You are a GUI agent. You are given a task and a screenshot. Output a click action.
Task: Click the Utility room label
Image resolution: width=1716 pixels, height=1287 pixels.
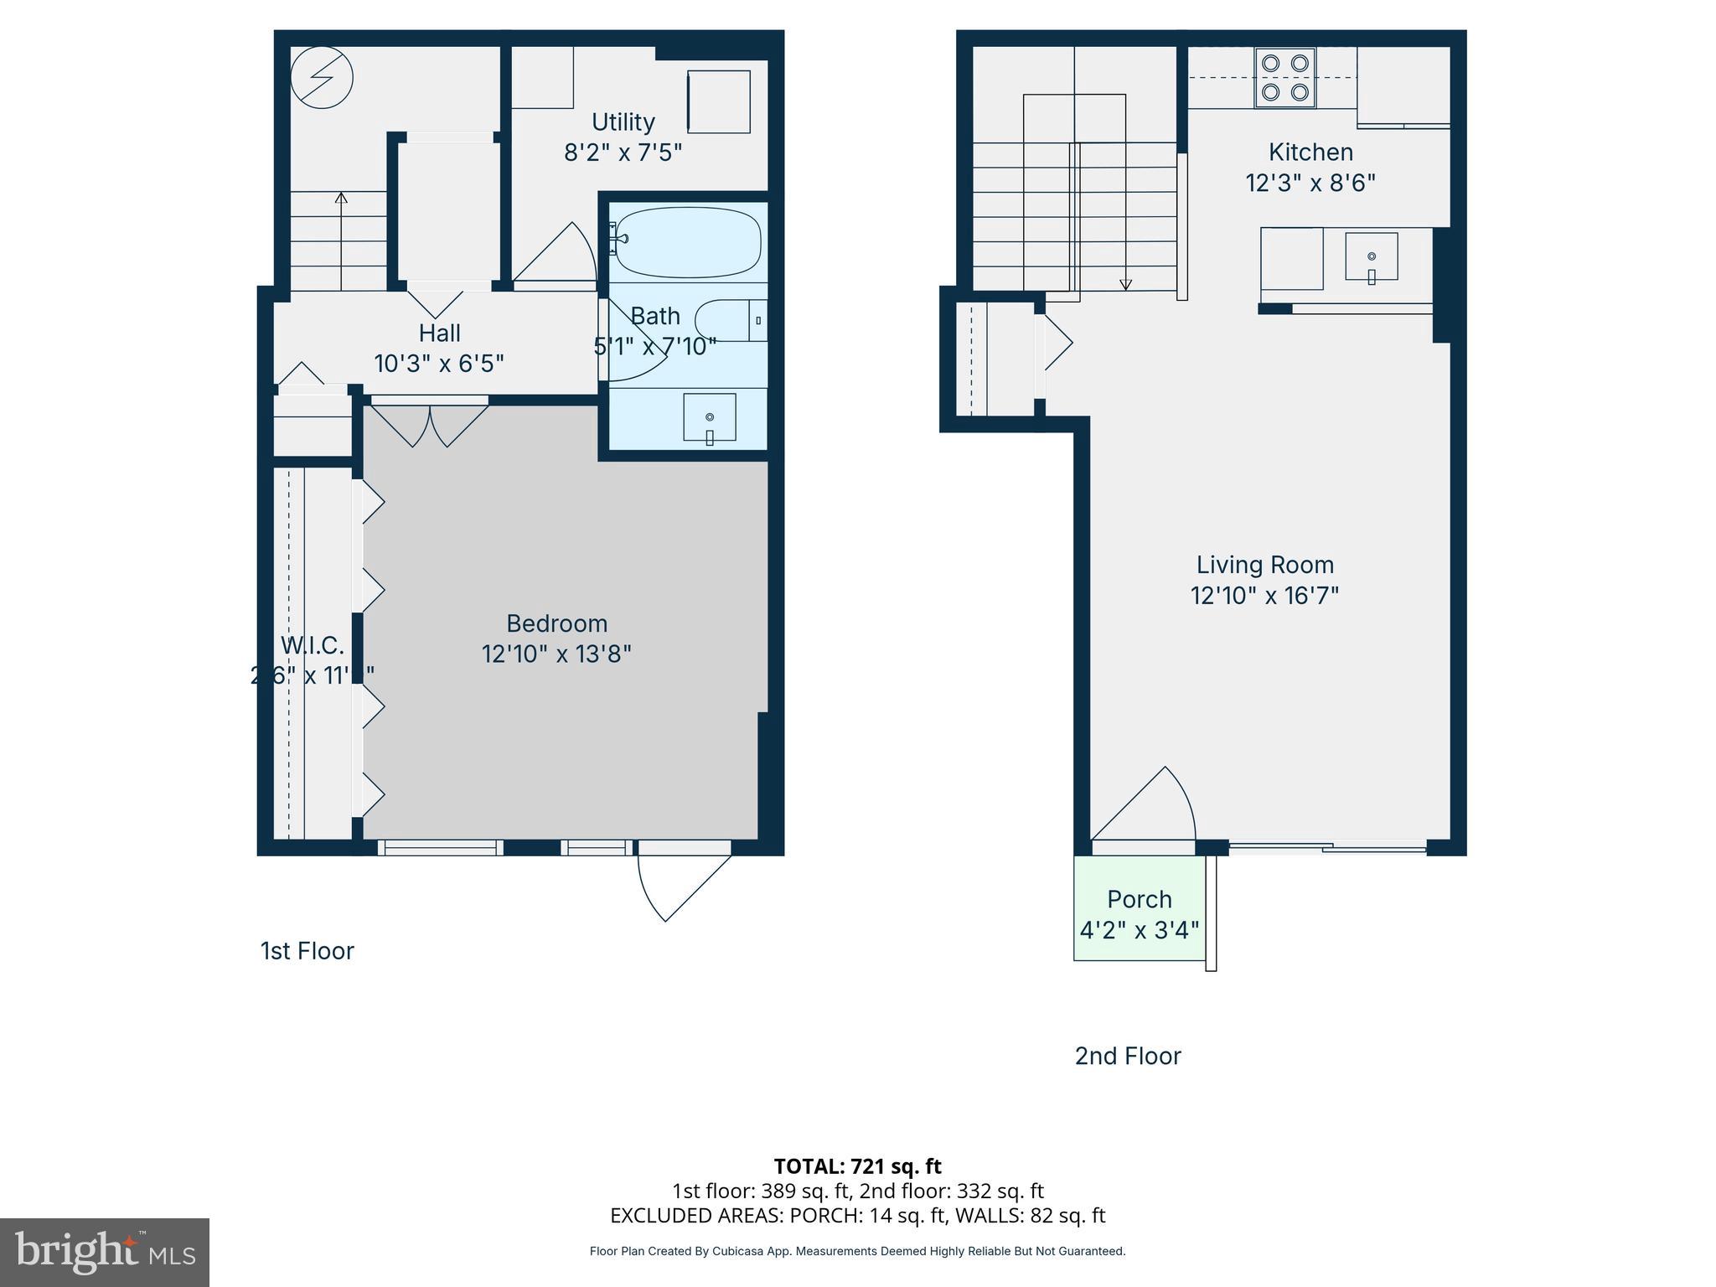coord(623,122)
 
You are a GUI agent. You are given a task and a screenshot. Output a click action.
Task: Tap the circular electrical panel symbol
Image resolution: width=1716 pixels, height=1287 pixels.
coord(322,77)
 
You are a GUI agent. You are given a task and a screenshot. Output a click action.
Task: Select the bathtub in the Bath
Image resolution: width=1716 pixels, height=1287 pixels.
coord(687,242)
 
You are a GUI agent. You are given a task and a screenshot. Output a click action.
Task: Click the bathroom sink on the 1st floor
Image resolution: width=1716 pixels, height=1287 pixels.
coord(710,417)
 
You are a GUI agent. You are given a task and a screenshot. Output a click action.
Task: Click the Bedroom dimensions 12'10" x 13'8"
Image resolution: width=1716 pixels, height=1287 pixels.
coord(556,654)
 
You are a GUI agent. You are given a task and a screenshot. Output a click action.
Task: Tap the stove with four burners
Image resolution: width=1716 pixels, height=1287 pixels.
coord(1285,77)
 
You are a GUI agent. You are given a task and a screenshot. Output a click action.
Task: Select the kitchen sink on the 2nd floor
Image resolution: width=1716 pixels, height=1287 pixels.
coord(1372,256)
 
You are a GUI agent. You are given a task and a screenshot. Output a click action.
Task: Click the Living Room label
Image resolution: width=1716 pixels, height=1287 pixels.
coord(1264,565)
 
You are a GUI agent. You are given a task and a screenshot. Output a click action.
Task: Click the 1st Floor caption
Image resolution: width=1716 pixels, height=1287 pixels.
coord(308,951)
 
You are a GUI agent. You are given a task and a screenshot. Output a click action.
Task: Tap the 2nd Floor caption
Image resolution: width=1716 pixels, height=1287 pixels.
coord(1128,1056)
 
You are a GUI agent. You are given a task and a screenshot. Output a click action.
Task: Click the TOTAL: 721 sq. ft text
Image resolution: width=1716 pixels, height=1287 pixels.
coord(857,1166)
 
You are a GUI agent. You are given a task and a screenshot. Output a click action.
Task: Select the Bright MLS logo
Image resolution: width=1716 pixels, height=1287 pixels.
coord(105,1252)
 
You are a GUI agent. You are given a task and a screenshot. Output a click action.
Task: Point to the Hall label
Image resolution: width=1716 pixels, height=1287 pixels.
coord(439,333)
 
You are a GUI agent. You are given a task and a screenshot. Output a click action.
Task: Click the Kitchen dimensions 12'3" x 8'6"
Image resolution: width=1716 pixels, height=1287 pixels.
coord(1310,183)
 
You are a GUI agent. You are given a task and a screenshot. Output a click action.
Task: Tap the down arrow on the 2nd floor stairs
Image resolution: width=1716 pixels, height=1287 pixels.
coord(1125,284)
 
